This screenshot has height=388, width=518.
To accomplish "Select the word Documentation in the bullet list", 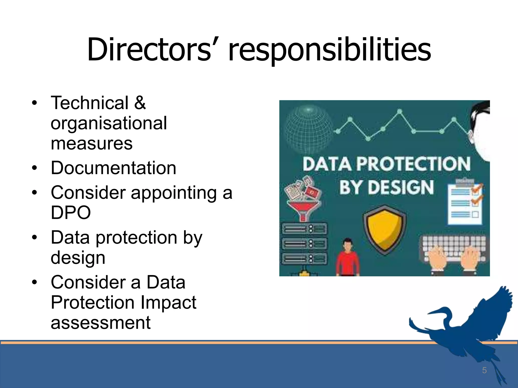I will (113, 168).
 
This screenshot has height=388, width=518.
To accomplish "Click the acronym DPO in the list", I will (71, 212).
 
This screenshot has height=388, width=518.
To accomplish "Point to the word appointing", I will (174, 193).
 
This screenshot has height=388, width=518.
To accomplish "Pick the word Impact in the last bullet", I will (168, 302).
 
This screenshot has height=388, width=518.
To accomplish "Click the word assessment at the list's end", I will (101, 323).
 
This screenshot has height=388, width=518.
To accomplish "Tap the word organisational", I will (109, 124).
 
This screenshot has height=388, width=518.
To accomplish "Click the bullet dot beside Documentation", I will (35, 168).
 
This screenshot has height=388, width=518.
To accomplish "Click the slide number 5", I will (484, 370).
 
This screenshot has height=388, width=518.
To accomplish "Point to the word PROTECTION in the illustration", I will (413, 164).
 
